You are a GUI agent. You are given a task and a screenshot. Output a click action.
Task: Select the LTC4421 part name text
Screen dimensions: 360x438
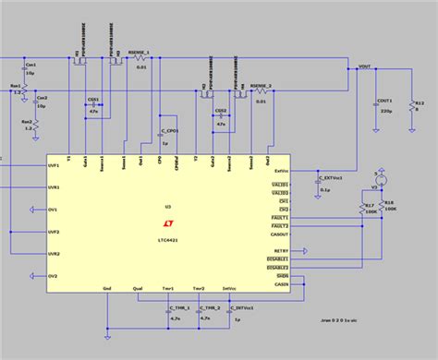[168, 237]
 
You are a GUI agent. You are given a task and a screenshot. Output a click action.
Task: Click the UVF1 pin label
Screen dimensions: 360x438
[54, 165]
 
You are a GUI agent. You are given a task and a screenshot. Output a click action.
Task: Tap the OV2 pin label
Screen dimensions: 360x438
[54, 276]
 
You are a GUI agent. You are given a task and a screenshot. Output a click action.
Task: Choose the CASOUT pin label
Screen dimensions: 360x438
[281, 234]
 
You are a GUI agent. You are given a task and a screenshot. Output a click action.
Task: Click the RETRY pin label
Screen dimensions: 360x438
[282, 251]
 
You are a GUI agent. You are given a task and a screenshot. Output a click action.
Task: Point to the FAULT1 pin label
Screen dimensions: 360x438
[280, 217]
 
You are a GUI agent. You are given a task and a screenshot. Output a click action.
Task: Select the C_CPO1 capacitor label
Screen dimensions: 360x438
[169, 130]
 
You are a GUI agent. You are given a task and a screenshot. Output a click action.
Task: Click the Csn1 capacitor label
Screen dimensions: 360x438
[30, 65]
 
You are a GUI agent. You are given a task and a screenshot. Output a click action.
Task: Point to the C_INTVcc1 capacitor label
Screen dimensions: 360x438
[244, 306]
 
